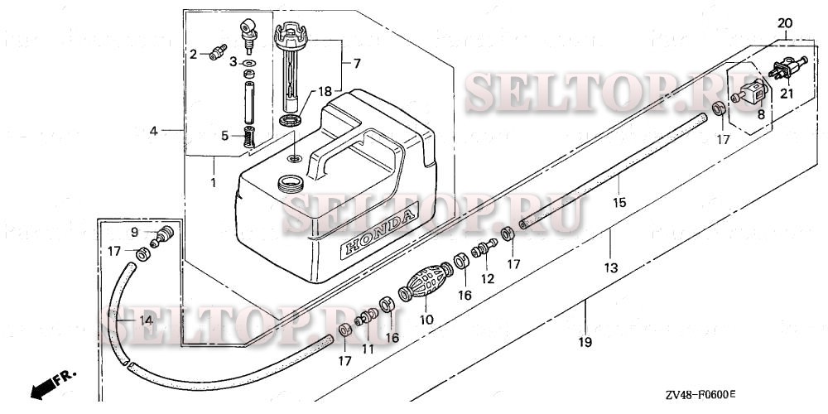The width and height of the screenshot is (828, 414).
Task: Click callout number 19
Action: [x=585, y=341]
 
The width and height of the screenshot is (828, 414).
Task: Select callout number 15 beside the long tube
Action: [x=618, y=200]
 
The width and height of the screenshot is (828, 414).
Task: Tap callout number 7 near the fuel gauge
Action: [x=357, y=63]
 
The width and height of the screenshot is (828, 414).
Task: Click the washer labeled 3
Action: [x=249, y=63]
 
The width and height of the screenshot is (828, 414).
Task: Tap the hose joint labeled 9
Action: [x=165, y=233]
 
